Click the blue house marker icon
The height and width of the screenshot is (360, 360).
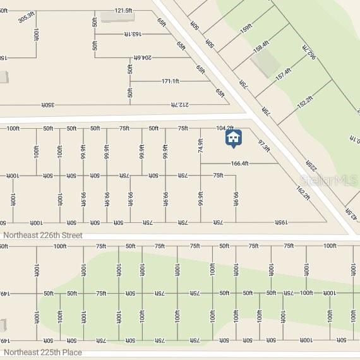[x=233, y=138]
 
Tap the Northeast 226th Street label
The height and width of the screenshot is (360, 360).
[x=42, y=235]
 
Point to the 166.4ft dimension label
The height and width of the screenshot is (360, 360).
[x=240, y=164]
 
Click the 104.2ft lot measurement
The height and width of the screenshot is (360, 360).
[x=225, y=128]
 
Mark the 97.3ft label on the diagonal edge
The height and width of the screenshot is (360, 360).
[x=264, y=146]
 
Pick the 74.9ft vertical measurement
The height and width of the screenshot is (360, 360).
[x=201, y=146]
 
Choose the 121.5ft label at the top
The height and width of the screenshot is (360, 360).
[x=123, y=10]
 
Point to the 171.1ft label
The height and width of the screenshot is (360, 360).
[x=171, y=81]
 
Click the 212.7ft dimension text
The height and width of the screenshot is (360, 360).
[x=179, y=104]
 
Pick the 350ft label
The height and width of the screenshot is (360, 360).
[x=49, y=104]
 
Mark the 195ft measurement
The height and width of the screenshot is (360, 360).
[x=281, y=222]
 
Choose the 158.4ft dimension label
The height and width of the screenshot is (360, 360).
[x=261, y=47]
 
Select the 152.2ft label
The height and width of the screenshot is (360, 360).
[x=304, y=102]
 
